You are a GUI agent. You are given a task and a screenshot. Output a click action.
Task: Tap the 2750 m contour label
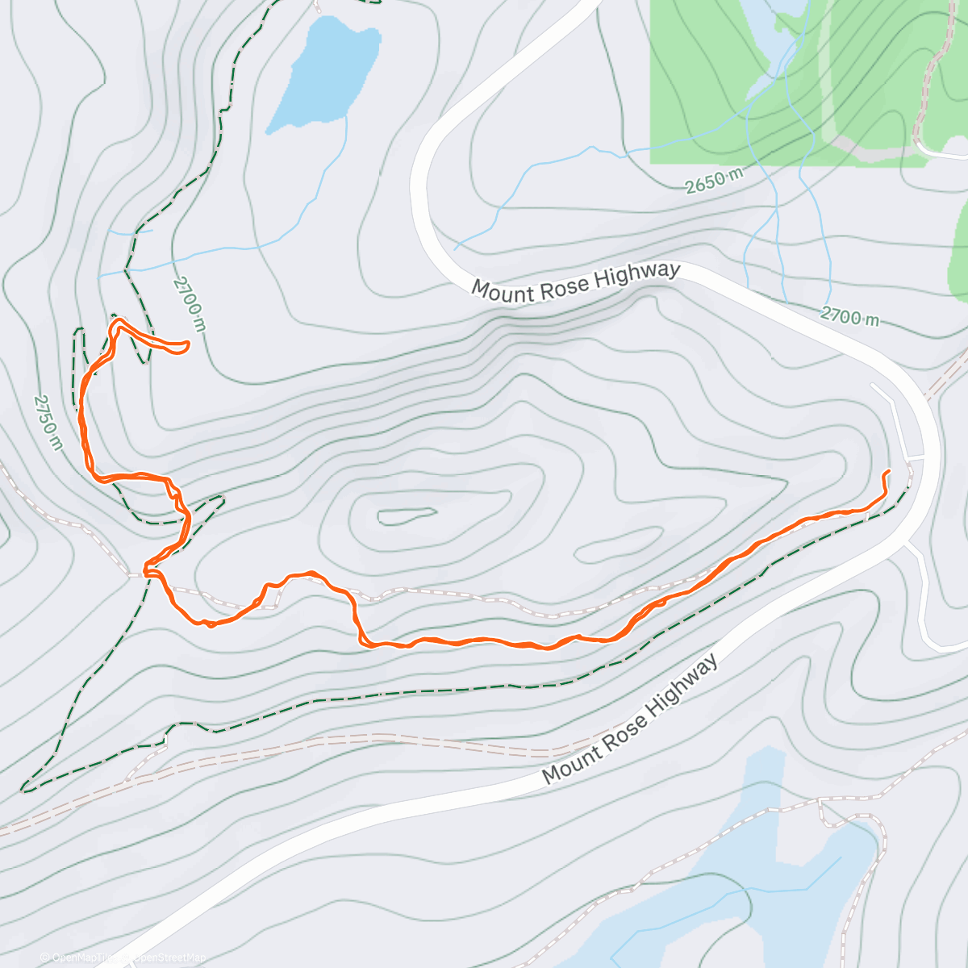[x=48, y=422]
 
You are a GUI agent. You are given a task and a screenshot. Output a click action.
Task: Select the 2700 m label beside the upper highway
[x=850, y=316]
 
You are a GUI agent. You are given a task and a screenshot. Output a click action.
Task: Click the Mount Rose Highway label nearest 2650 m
[x=576, y=281]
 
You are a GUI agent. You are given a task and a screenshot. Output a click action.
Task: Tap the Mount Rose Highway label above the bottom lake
[x=629, y=720]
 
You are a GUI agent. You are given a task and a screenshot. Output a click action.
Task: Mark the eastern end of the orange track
[x=888, y=471]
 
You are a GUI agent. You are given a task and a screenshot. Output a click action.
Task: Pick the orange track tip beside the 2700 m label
[x=187, y=345]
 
